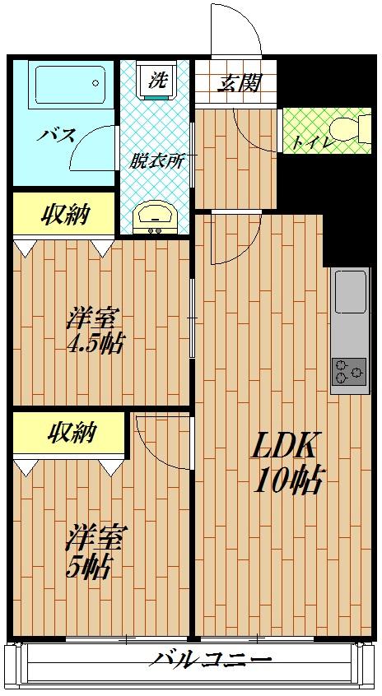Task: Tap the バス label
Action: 57,134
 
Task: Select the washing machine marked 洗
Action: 159,81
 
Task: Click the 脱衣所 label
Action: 156,161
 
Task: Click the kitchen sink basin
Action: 351,291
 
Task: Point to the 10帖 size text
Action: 286,480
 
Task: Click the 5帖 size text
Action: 88,566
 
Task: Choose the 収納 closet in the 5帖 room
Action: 69,433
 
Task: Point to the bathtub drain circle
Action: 95,83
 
